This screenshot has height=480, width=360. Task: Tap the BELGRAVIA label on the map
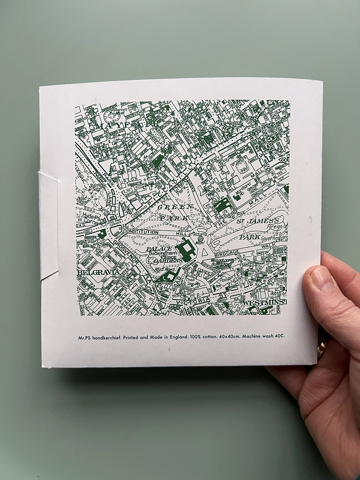pos(99,271)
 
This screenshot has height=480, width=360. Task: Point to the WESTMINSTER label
pos(265,302)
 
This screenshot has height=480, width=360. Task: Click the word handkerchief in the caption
pos(110,337)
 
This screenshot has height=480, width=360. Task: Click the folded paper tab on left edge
pos(49,224)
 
